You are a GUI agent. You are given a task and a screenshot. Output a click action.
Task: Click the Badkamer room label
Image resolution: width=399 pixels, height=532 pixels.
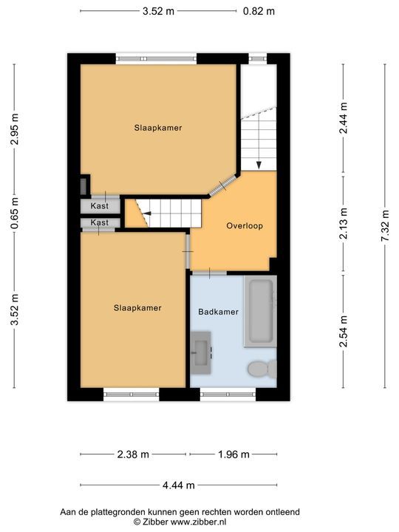(218, 312)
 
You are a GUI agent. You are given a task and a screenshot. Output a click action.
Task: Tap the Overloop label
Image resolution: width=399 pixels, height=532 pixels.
(245, 225)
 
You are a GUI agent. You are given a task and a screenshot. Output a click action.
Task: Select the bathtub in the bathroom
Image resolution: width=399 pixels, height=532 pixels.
(261, 311)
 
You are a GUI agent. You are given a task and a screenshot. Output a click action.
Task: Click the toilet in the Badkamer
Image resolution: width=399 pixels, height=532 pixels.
(262, 369)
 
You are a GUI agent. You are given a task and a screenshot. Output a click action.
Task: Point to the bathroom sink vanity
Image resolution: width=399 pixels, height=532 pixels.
(201, 353)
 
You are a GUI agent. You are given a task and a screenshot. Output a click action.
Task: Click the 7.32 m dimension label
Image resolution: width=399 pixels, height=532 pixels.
(385, 225)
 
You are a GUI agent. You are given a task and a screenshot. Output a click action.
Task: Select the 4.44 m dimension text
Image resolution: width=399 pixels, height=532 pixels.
(179, 485)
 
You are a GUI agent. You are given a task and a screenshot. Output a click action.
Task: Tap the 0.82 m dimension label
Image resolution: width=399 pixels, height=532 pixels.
(259, 11)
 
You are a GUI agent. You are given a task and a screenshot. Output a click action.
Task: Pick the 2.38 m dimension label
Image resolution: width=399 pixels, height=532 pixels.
(133, 454)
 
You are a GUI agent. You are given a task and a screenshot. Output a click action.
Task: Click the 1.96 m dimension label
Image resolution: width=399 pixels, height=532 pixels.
(233, 454)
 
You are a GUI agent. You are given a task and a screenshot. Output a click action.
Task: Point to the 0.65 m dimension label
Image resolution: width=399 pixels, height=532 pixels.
(14, 213)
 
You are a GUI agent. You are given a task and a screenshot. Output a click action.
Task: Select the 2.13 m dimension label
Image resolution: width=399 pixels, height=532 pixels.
(344, 223)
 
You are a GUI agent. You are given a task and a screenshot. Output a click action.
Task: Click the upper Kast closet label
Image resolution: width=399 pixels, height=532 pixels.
(100, 205)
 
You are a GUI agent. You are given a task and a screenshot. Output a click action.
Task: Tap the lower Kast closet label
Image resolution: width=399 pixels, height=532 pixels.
(100, 222)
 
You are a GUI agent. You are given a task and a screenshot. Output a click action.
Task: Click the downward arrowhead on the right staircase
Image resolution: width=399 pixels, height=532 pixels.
(259, 165)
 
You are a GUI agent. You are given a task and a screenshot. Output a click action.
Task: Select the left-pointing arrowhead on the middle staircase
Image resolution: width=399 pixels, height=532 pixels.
(146, 213)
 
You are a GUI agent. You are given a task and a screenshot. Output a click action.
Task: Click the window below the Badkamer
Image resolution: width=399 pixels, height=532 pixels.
(228, 395)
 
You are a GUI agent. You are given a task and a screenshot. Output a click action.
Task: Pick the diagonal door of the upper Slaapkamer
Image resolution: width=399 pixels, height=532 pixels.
(223, 185)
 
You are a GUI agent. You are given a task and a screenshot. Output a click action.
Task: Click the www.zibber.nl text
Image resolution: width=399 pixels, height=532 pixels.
(198, 522)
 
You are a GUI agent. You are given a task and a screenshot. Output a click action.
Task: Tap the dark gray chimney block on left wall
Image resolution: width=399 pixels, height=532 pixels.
(83, 186)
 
